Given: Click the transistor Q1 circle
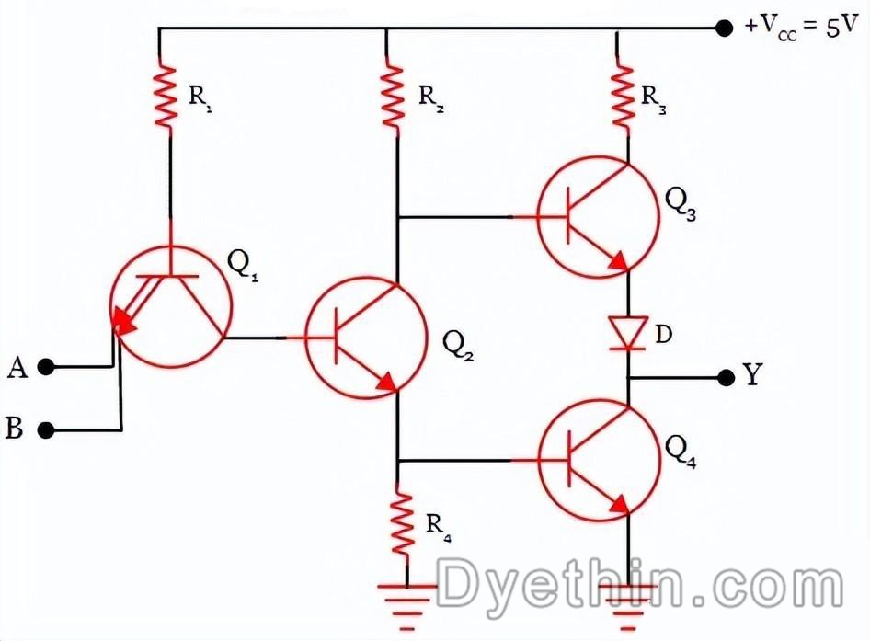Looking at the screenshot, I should coord(166,306).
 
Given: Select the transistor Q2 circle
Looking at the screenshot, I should coord(367,338).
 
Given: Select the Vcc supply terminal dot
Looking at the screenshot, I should coord(724,28).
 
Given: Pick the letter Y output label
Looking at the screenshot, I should coord(751,376).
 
